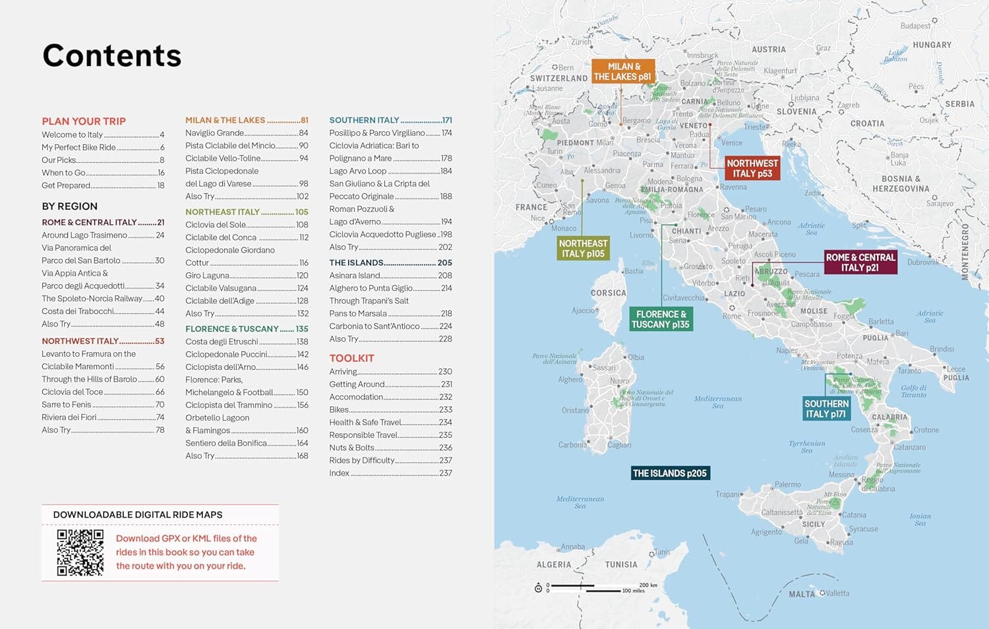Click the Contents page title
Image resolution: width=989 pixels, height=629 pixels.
click(111, 55)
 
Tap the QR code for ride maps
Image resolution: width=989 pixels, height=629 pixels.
click(80, 553)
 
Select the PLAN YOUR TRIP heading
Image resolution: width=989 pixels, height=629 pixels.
click(84, 121)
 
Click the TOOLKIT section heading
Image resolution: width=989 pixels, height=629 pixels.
click(351, 358)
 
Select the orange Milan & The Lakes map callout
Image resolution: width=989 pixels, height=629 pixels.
click(623, 71)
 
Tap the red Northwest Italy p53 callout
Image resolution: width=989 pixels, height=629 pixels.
click(752, 168)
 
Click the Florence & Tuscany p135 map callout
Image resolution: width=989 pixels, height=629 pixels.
click(661, 319)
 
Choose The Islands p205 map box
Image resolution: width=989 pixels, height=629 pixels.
click(669, 473)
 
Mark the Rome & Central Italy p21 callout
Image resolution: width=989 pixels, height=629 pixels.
click(860, 262)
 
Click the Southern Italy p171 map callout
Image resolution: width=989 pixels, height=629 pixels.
click(826, 409)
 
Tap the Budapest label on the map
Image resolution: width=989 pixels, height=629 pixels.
click(915, 26)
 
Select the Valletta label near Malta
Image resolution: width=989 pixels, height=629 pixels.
click(837, 593)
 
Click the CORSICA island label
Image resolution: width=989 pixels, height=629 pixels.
click(608, 293)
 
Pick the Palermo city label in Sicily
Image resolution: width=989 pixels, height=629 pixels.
click(787, 485)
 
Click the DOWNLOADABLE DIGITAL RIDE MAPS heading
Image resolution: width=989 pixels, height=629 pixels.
click(138, 515)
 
